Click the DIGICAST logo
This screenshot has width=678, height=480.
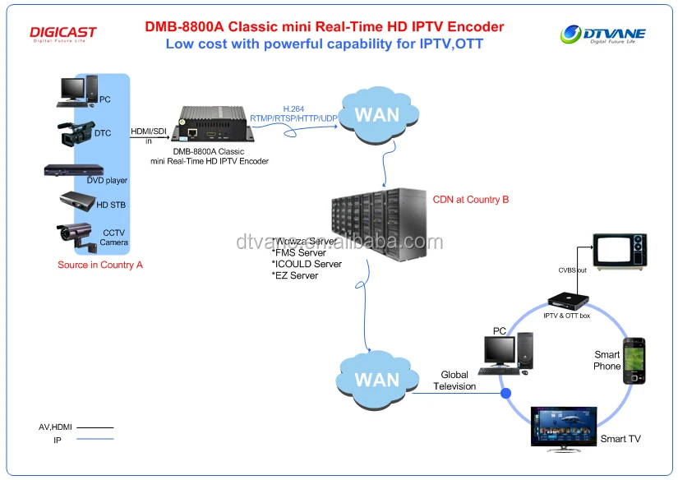63,34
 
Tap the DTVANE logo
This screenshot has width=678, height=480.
603,35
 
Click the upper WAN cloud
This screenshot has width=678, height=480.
376,114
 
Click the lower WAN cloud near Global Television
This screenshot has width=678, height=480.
376,380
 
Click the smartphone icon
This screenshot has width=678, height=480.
634,361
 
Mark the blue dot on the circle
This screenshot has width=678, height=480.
505,394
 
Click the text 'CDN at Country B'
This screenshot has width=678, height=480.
471,200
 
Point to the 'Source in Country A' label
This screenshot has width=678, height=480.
100,265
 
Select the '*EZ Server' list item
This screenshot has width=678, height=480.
294,275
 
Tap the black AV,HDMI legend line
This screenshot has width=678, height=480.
95,427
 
